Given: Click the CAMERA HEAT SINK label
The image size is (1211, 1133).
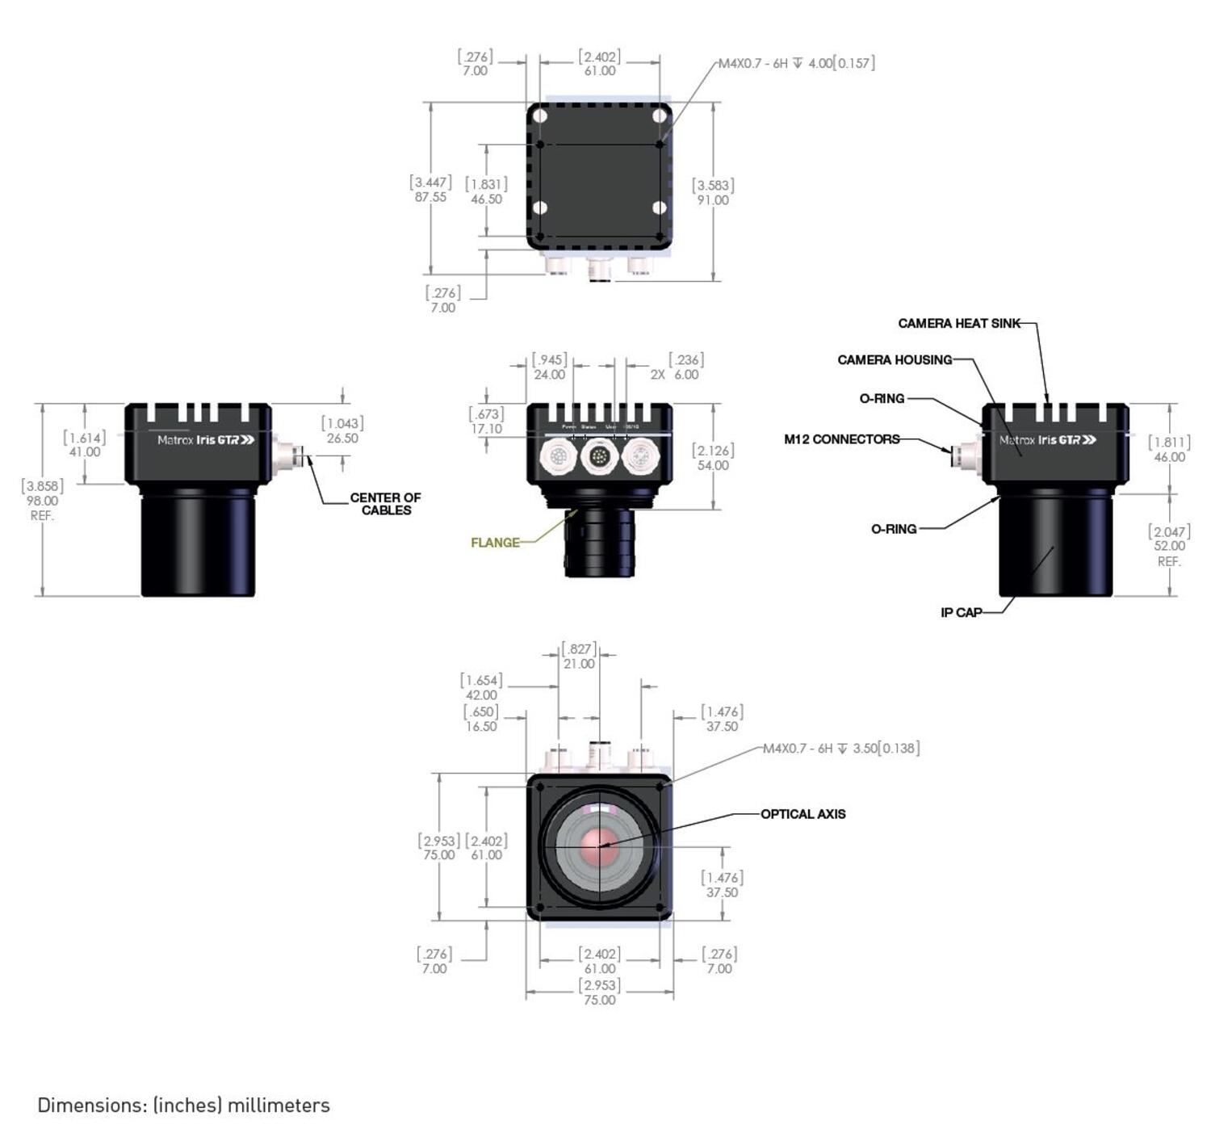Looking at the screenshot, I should [958, 323].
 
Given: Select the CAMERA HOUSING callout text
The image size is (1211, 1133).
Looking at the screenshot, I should [895, 360].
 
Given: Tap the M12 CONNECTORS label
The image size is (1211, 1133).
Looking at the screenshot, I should [841, 439].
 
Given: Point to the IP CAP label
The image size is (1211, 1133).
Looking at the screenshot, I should [961, 612].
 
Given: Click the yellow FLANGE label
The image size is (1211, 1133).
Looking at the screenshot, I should [495, 543].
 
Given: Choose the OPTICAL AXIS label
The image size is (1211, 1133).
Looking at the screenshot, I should [802, 814].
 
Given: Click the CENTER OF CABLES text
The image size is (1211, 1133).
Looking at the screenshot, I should [385, 504].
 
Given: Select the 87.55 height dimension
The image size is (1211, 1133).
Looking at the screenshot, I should [430, 197].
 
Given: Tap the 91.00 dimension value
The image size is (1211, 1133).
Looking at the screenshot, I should [713, 200].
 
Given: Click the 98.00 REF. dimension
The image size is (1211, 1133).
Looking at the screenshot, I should [42, 501].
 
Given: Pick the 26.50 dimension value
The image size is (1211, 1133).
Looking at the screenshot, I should [342, 439].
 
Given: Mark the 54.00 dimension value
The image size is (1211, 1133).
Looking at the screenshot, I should [713, 465].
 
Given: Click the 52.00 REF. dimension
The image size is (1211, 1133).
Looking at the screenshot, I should [1169, 546].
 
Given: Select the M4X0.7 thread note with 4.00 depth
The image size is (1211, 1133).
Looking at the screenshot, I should [796, 63].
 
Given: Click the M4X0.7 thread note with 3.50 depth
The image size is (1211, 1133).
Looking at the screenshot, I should [840, 749].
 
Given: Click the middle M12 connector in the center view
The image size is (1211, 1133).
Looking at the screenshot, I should [599, 457].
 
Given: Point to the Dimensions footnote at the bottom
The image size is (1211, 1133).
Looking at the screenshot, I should [183, 1105].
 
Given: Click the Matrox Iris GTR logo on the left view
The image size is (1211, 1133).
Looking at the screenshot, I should [206, 440].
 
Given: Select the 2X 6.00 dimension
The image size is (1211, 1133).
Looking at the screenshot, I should [676, 375].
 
